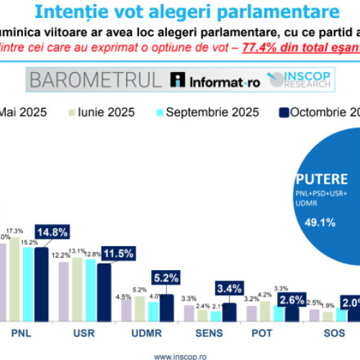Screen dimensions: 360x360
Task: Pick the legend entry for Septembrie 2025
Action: click(x=208, y=112)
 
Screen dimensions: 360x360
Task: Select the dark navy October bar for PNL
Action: click(x=41, y=284)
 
